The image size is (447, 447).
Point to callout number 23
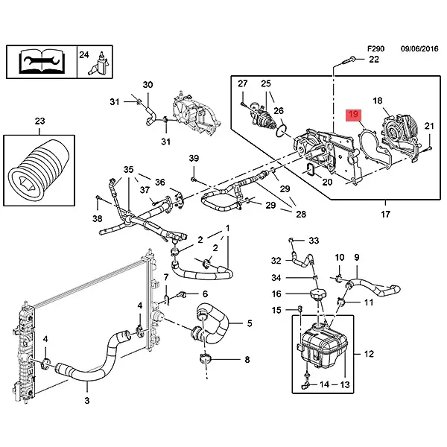click(39, 120)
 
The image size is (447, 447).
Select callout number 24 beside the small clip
click(84, 54)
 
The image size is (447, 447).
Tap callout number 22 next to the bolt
click(374, 60)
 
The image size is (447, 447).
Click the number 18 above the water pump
click(377, 101)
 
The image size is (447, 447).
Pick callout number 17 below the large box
click(385, 215)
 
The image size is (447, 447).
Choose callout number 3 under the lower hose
click(86, 401)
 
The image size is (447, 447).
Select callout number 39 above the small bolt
click(194, 158)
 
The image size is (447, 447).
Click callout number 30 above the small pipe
click(147, 84)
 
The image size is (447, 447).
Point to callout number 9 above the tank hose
click(356, 258)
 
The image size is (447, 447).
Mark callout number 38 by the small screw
click(98, 219)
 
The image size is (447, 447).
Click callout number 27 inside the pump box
click(243, 84)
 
